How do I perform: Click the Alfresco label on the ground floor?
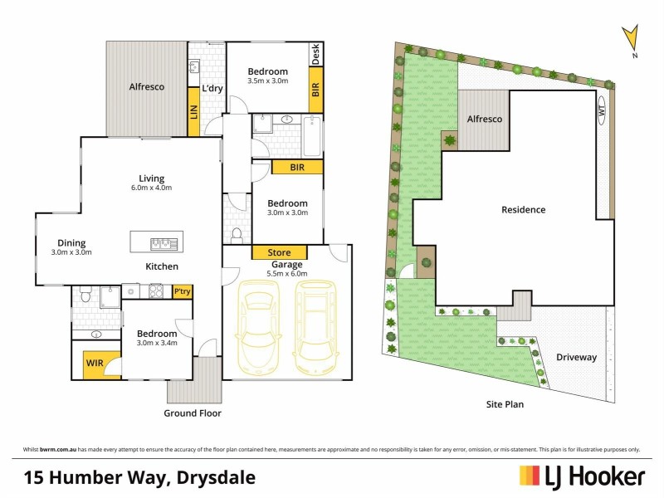tap(146, 86)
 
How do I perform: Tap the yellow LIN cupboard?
tap(193, 114)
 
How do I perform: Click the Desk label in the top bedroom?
tap(315, 54)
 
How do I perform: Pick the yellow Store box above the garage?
tap(280, 252)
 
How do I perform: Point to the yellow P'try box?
tap(182, 291)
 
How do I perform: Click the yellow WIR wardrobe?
tap(94, 362)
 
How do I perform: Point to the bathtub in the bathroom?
tap(311, 135)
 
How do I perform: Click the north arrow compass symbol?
tap(631, 38)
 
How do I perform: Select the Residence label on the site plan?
tap(524, 210)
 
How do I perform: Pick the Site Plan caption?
tap(505, 405)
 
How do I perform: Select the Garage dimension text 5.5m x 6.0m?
tap(287, 273)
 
